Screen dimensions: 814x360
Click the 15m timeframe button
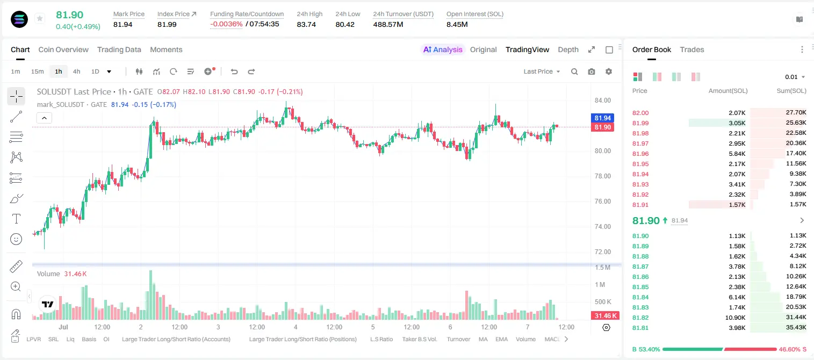pyautogui.click(x=38, y=71)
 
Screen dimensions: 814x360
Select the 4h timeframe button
pyautogui.click(x=76, y=71)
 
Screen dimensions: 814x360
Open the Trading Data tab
pyautogui.click(x=119, y=50)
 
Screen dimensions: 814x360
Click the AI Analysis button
pyautogui.click(x=443, y=50)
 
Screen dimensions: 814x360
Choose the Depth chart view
pyautogui.click(x=568, y=50)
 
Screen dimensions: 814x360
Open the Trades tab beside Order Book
pyautogui.click(x=692, y=50)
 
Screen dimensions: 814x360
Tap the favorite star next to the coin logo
pyautogui.click(x=40, y=18)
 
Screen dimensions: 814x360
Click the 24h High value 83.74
pyautogui.click(x=306, y=24)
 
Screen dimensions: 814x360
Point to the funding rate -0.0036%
pyautogui.click(x=226, y=24)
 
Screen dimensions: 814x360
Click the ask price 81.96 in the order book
pyautogui.click(x=640, y=154)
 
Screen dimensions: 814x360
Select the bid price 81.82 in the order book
pyautogui.click(x=640, y=318)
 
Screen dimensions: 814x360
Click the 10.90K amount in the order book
pyautogui.click(x=735, y=318)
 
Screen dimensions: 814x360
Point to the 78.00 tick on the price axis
pyautogui.click(x=602, y=176)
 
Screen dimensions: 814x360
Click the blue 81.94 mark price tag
pyautogui.click(x=602, y=118)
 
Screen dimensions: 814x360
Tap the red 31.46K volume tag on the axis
pyautogui.click(x=605, y=316)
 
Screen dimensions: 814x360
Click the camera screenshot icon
pyautogui.click(x=592, y=71)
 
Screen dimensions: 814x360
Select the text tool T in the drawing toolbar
pyautogui.click(x=16, y=219)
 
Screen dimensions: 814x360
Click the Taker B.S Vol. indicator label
pyautogui.click(x=419, y=339)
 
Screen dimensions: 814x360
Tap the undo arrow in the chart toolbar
pyautogui.click(x=234, y=71)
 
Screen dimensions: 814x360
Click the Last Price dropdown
pyautogui.click(x=542, y=71)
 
